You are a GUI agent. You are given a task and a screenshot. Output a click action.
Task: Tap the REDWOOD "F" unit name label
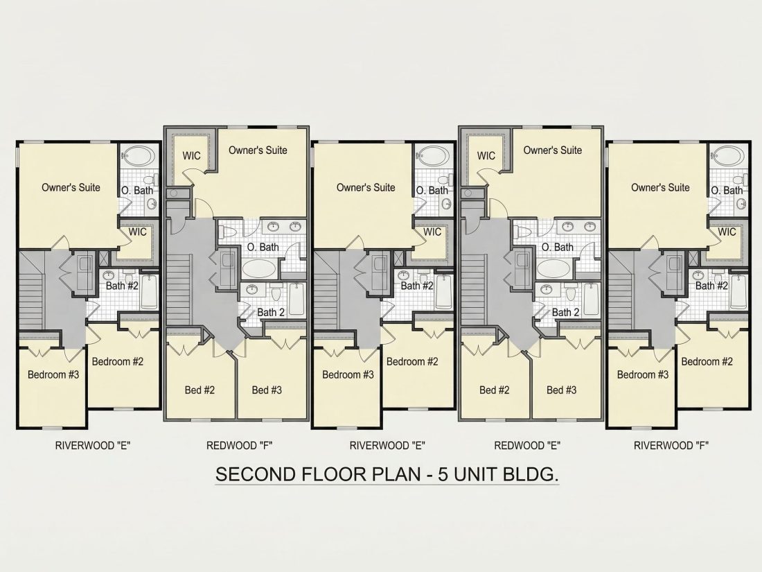pos(240,445)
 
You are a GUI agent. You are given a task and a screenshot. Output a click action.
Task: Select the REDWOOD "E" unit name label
pos(527,445)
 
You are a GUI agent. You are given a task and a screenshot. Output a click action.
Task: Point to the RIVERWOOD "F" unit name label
pos(671,445)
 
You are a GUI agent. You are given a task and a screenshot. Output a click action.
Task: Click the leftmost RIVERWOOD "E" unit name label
pos(93,445)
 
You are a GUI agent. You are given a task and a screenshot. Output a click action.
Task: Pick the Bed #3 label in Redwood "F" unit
pos(267,390)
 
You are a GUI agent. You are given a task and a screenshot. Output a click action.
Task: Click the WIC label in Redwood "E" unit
pos(486,155)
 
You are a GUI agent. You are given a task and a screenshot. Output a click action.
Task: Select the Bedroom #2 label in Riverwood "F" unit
pos(707,361)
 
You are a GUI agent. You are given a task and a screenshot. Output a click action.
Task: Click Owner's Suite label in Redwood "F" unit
pos(258,150)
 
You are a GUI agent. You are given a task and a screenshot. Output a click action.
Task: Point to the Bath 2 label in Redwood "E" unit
pos(566,312)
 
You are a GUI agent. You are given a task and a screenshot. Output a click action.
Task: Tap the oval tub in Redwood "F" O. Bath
pos(258,268)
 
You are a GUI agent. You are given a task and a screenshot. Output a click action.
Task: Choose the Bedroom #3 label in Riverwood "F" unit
pos(642,374)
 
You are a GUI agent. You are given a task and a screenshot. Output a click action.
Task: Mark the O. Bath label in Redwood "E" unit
pos(558,247)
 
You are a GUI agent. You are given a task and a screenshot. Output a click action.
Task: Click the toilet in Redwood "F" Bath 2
pos(276,293)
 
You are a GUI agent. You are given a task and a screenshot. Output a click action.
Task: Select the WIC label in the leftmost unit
pos(138,232)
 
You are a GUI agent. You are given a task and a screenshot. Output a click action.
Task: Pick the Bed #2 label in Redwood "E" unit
pos(494,390)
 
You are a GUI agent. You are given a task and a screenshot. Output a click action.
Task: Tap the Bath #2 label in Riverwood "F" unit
pos(711,286)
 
